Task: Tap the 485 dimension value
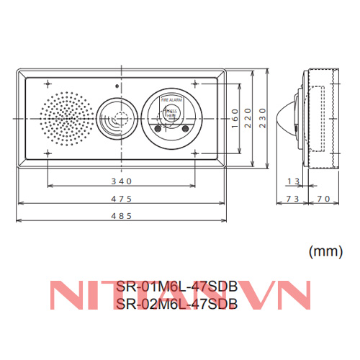[120, 217]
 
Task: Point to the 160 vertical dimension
[235, 117]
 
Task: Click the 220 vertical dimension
[250, 117]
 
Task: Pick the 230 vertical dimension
[263, 117]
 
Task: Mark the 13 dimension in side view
[293, 181]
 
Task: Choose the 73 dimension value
[293, 198]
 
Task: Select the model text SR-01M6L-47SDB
[176, 287]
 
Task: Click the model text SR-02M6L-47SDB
[176, 304]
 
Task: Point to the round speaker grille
[67, 117]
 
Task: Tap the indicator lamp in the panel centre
[116, 117]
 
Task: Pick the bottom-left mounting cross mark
[48, 153]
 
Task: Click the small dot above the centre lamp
[116, 85]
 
